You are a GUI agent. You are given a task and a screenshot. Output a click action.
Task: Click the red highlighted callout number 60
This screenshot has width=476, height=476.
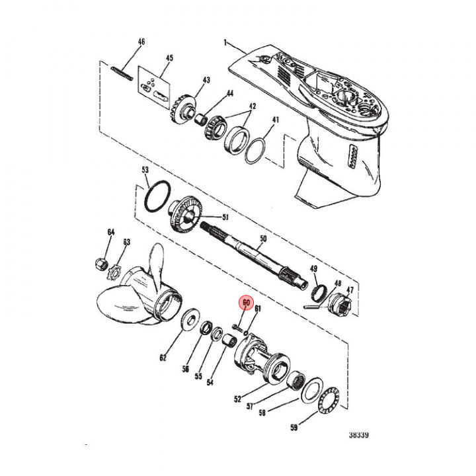246,304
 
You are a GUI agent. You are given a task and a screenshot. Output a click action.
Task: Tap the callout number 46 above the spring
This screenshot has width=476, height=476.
140,42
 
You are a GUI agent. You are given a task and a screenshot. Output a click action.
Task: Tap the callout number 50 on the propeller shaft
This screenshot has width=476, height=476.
262,238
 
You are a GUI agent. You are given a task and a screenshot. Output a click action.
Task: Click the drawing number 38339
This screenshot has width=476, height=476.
359,436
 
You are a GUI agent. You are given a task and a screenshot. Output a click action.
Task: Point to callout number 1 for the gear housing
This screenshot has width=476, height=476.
225,43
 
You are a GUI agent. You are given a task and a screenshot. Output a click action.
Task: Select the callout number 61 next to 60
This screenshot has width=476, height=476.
258,309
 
